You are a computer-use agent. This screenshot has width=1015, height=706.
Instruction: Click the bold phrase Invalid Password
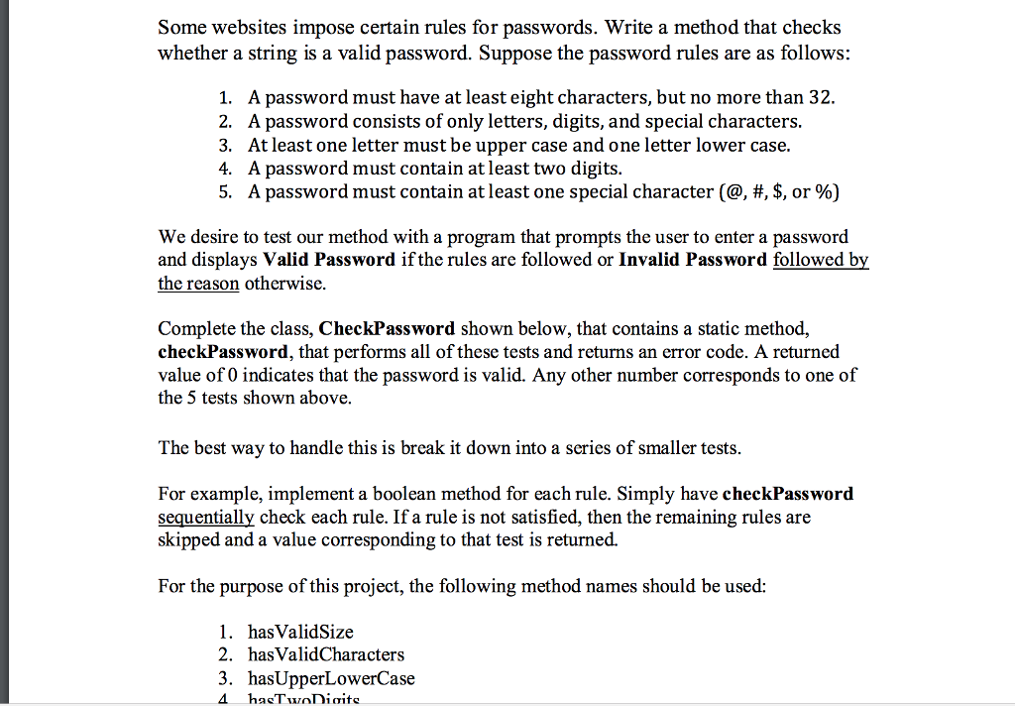click(692, 260)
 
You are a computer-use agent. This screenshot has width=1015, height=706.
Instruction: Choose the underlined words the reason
click(198, 284)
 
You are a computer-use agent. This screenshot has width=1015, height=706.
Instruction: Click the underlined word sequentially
click(205, 517)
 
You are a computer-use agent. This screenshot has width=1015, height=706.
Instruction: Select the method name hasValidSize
click(300, 632)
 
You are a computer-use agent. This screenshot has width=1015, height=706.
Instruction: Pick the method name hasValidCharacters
click(326, 654)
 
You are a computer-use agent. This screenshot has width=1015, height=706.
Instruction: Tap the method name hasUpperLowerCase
click(331, 678)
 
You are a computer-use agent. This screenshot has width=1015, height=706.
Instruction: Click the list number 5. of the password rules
click(226, 192)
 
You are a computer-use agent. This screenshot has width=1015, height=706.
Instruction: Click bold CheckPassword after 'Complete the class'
click(388, 328)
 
